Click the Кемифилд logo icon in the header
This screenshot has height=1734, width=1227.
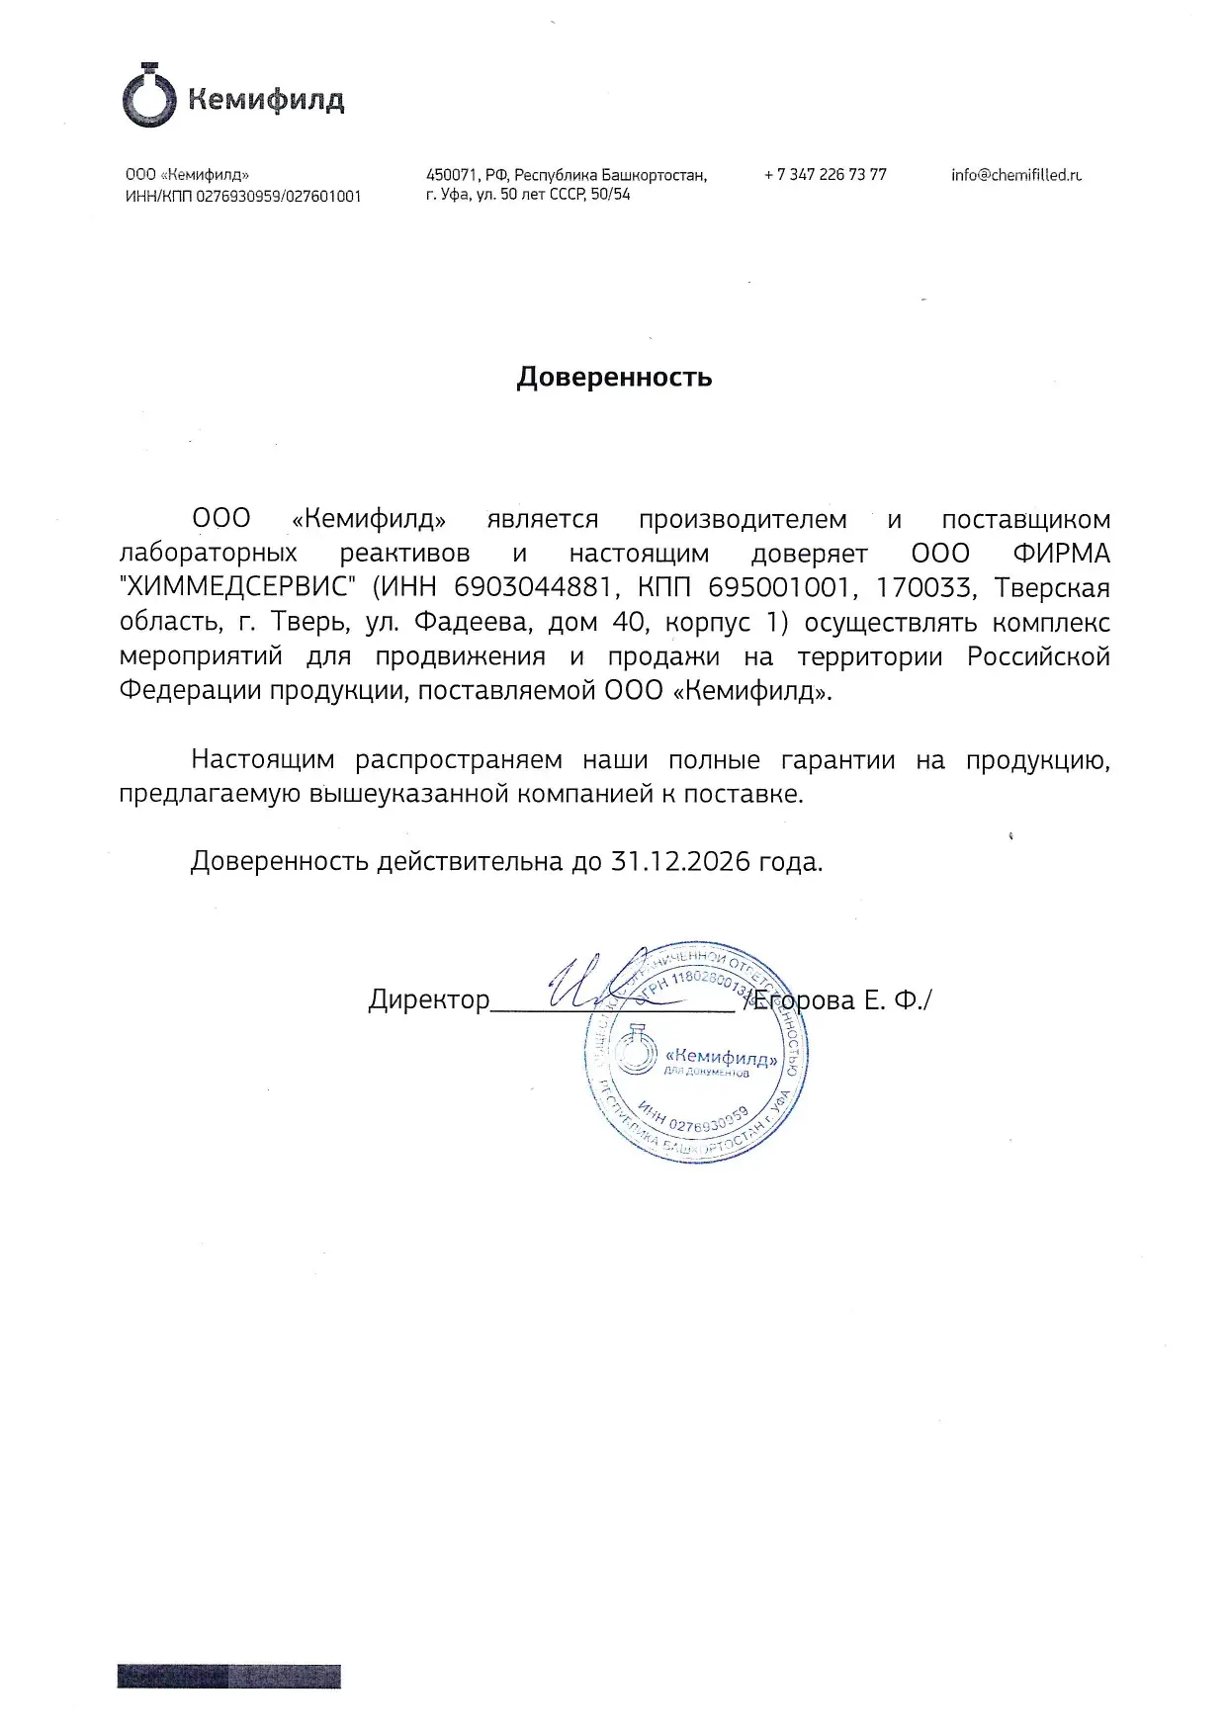tap(149, 97)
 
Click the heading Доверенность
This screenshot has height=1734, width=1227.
tap(614, 378)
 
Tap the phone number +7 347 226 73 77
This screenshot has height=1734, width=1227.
tap(825, 175)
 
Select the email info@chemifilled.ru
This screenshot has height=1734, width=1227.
tap(1016, 175)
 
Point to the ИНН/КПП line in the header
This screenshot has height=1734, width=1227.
tap(243, 197)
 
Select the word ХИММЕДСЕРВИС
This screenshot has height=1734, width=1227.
tap(238, 588)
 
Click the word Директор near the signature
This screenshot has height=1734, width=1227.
tap(429, 1000)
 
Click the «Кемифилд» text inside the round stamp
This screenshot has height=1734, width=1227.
tap(723, 1059)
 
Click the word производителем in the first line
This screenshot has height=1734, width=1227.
tap(743, 520)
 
